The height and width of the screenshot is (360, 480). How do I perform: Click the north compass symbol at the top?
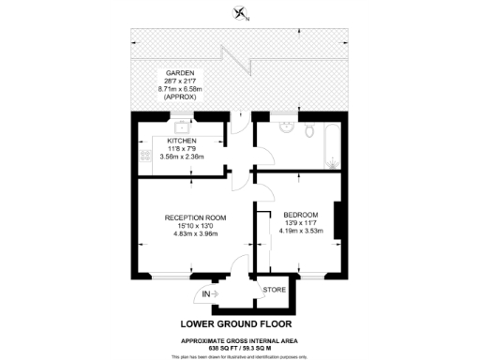pos(240,13)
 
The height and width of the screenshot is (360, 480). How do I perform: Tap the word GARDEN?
pos(180,72)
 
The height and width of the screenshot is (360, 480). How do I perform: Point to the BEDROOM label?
pos(301,213)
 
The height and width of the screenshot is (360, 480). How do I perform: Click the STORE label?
pos(274,291)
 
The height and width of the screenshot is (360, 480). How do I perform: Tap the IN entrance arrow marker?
pos(208,295)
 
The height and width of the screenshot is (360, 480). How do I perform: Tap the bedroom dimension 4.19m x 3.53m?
pos(301,230)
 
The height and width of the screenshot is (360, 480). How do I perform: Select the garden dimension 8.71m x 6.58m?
pos(180,88)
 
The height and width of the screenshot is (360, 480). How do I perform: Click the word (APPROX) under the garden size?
pos(180,96)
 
